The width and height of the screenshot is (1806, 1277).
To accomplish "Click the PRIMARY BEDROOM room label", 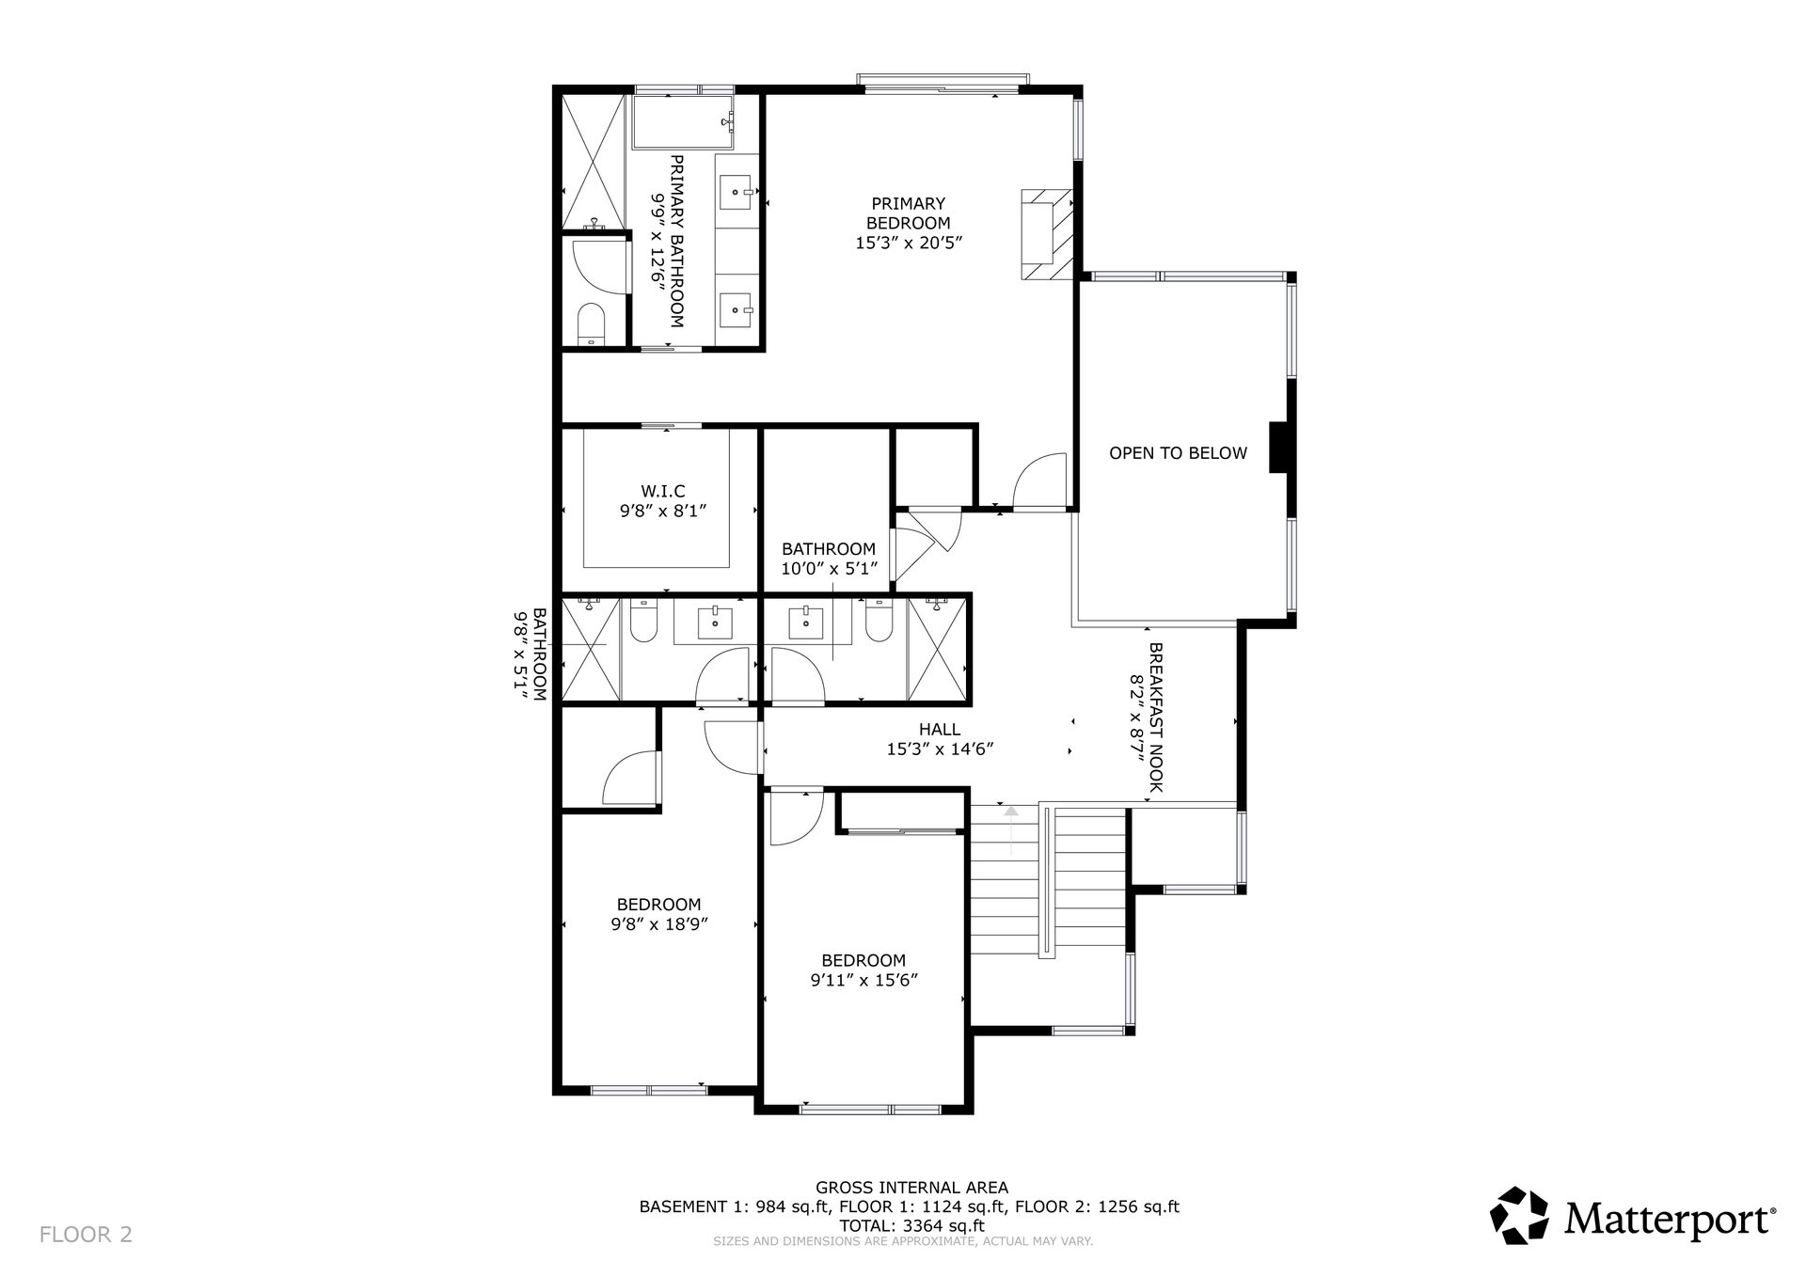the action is pyautogui.click(x=909, y=213).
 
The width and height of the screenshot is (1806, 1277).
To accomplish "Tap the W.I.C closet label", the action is pyautogui.click(x=663, y=491).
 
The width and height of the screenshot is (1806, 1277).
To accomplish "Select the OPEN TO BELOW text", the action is pyautogui.click(x=1178, y=453).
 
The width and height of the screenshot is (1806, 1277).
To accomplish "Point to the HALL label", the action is pyautogui.click(x=940, y=730).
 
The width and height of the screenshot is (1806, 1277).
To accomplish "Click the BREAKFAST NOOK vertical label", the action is pyautogui.click(x=1156, y=717).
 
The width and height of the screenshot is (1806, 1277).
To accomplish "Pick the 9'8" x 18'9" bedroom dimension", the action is pyautogui.click(x=659, y=924).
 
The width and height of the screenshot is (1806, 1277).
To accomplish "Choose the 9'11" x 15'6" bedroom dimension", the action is pyautogui.click(x=863, y=980).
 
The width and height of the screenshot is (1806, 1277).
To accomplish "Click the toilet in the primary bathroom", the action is pyautogui.click(x=591, y=323).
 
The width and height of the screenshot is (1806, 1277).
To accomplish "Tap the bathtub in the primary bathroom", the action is pyautogui.click(x=683, y=121).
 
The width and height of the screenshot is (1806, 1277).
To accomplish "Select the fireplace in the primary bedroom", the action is pyautogui.click(x=1047, y=234).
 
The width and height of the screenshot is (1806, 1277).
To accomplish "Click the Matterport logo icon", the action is pyautogui.click(x=1519, y=1216).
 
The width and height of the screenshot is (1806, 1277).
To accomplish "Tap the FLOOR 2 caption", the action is pyautogui.click(x=86, y=1235).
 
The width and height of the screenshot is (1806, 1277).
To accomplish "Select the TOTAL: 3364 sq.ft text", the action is pyautogui.click(x=911, y=1226).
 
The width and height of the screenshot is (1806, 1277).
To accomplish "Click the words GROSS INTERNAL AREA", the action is pyautogui.click(x=911, y=1188).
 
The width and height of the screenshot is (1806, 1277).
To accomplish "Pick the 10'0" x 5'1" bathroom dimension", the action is pyautogui.click(x=829, y=569).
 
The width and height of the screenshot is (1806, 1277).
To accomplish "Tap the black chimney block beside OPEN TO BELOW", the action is pyautogui.click(x=1279, y=447).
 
